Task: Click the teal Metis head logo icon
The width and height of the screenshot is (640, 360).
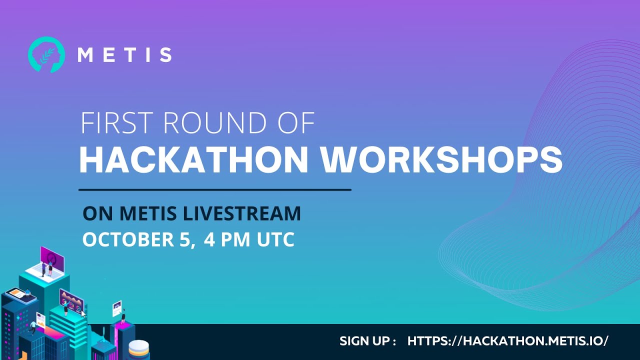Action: (x=46, y=54)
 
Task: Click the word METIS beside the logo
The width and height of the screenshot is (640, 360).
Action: (x=124, y=54)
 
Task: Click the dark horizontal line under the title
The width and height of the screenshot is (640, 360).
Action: (x=215, y=190)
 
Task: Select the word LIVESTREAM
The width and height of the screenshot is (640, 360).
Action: (x=242, y=213)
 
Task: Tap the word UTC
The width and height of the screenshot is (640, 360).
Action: (x=275, y=239)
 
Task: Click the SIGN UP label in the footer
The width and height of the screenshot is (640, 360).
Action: (x=367, y=341)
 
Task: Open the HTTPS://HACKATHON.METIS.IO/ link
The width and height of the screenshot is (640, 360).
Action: (x=508, y=341)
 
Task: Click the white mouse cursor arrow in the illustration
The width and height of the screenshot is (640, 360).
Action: (x=83, y=314)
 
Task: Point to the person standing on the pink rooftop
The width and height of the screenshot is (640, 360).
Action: (x=123, y=316)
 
